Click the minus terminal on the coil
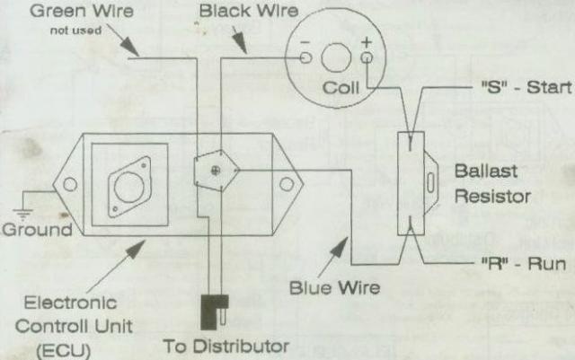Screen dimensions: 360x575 point(306,58)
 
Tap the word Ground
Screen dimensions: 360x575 point(36,230)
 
